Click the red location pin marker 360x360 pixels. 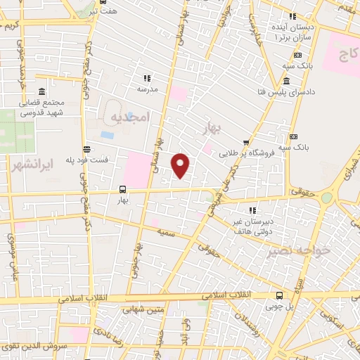181,165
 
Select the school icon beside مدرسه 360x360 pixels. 147,78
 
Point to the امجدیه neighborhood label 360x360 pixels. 131,118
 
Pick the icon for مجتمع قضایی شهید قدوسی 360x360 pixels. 41,92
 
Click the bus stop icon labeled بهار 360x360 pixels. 123,189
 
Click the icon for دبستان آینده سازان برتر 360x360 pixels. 293,16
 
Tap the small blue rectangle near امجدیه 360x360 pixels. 107,134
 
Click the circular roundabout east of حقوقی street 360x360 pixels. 328,198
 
